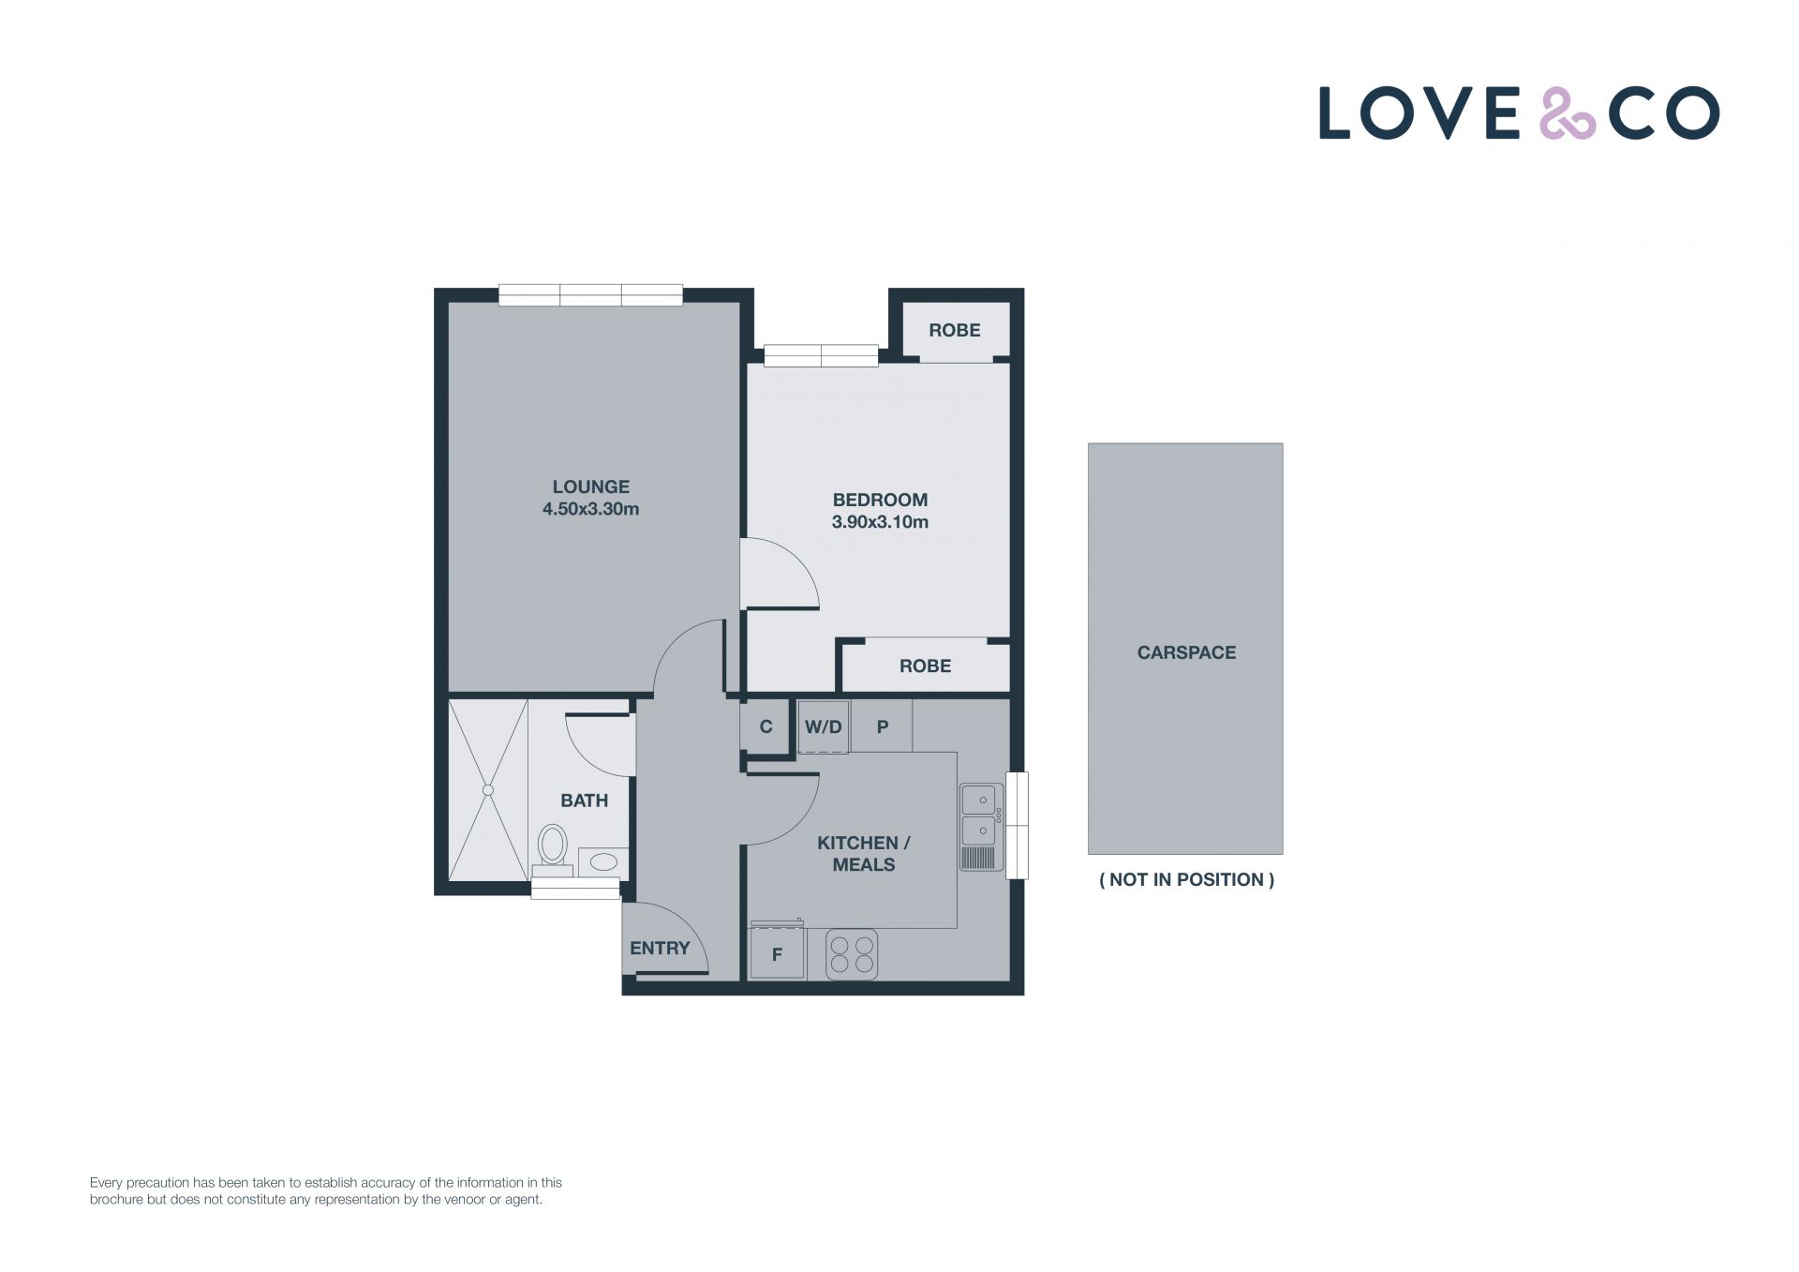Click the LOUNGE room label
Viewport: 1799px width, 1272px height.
[590, 486]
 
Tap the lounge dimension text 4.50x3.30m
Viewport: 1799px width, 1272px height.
[590, 509]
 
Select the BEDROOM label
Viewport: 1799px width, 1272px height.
[880, 500]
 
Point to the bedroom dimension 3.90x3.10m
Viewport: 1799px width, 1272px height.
[880, 522]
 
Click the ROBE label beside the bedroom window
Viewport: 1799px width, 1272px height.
[954, 330]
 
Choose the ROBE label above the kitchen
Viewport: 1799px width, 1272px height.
[925, 666]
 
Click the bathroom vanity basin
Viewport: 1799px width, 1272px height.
[603, 861]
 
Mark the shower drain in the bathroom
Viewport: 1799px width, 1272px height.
[488, 790]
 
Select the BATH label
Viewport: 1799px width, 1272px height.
[584, 801]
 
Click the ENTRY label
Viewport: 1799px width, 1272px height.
[660, 948]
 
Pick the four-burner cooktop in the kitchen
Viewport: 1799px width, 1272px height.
[852, 954]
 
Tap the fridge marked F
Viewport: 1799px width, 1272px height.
[777, 952]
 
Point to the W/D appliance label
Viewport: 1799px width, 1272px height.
[823, 727]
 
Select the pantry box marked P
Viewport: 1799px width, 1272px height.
[882, 726]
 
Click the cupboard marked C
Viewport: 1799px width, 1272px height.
[766, 726]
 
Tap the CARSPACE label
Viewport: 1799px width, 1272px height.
[1186, 652]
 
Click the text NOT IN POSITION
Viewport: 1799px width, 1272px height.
[1186, 879]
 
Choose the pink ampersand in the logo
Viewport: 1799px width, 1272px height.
[1568, 113]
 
